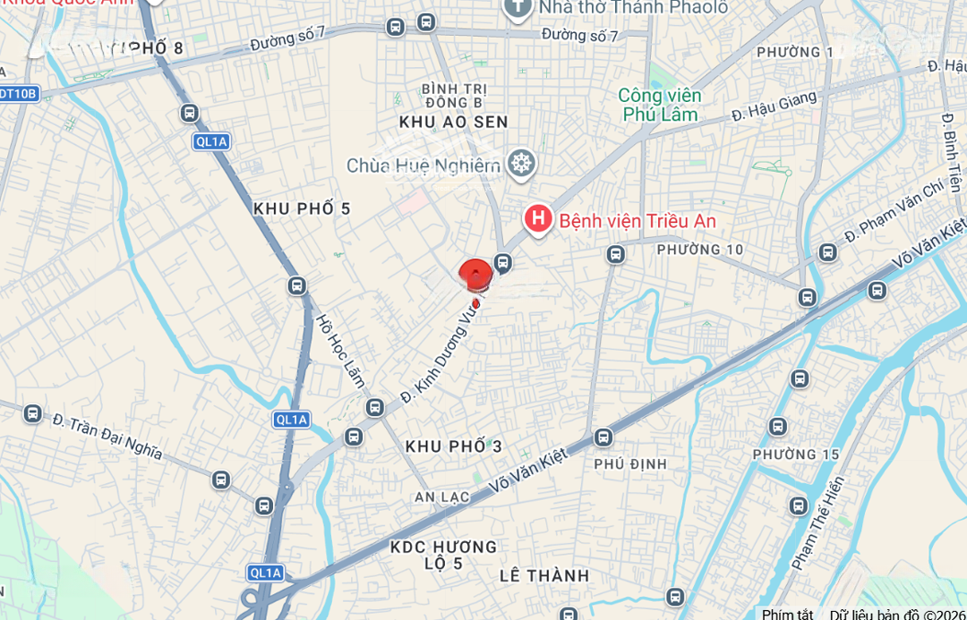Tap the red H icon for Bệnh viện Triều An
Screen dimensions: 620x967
pos(537,218)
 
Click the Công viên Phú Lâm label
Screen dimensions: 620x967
pos(661,105)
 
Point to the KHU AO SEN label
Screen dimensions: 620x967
pos(453,122)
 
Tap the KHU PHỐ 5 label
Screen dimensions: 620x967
pos(302,208)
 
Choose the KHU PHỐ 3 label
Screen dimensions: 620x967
pos(454,446)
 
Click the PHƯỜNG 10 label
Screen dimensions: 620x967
pos(700,250)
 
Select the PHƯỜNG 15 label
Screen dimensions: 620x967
pos(796,454)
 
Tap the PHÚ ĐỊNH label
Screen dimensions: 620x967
pos(630,463)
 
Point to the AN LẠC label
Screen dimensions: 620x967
pos(442,497)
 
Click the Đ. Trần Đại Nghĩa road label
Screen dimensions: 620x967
pos(107,436)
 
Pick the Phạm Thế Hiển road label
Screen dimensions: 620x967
pos(817,523)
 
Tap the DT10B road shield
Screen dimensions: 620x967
pos(18,93)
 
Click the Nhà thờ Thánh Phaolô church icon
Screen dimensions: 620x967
pos(518,8)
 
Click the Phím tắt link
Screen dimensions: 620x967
pos(787,614)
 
